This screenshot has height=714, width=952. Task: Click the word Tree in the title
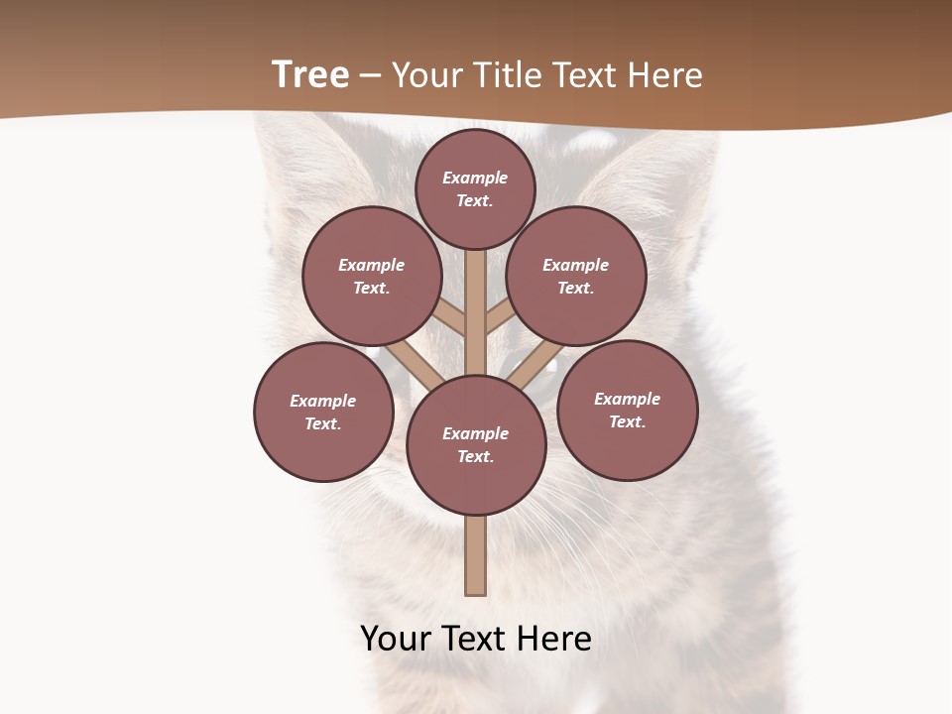310,75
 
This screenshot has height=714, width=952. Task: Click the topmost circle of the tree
475,188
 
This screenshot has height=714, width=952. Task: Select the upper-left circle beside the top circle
372,276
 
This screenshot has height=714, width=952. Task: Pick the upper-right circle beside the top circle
575,276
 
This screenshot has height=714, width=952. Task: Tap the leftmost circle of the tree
323,412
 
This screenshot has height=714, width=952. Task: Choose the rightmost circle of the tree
627,410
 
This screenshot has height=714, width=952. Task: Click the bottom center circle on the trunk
476,444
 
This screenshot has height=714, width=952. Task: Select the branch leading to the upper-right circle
500,316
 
